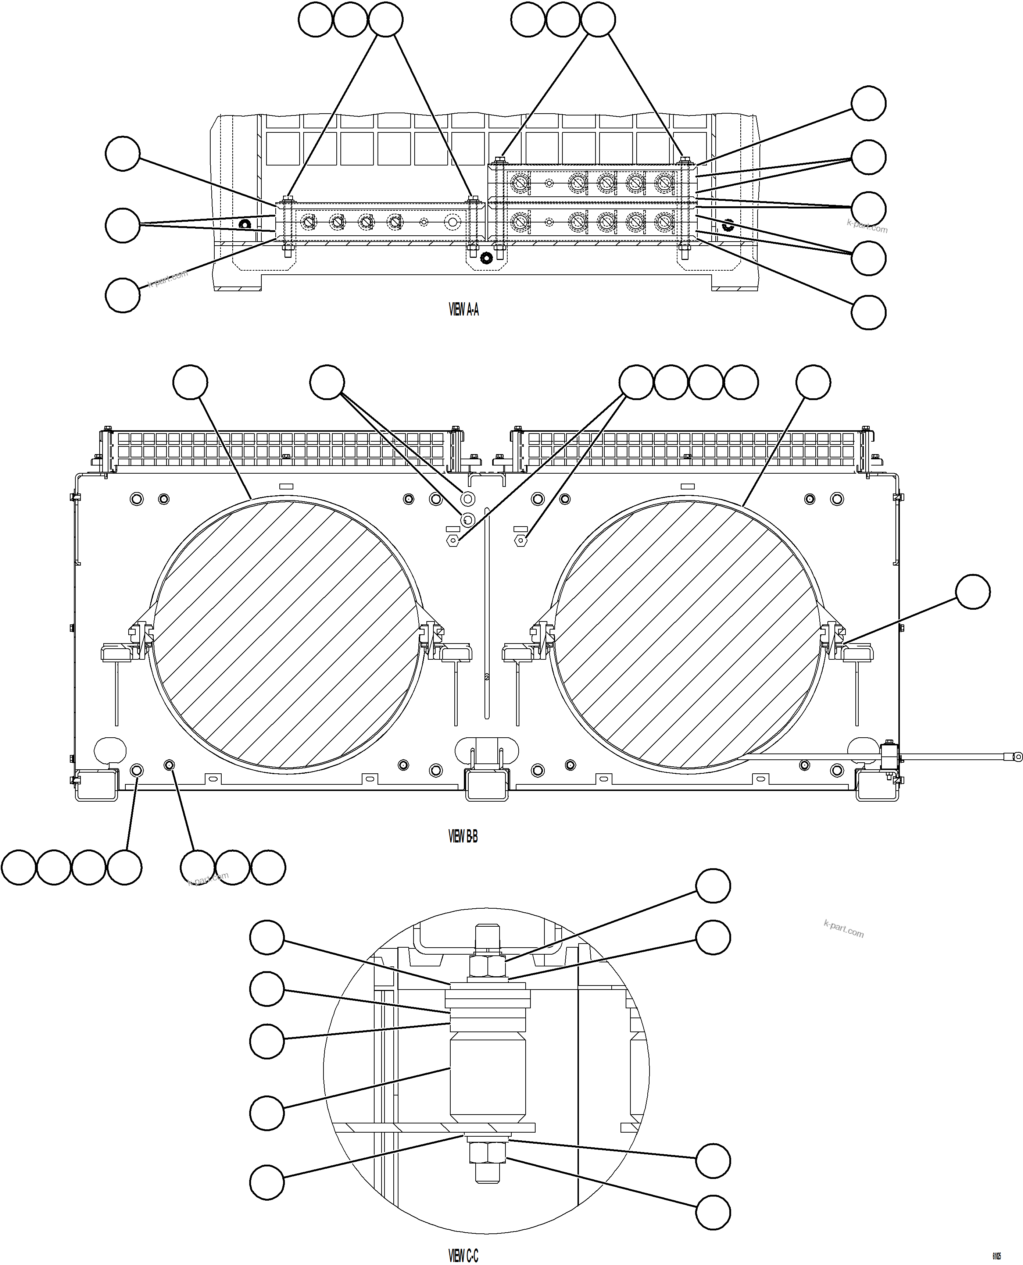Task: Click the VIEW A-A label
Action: [464, 310]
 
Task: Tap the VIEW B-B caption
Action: [463, 836]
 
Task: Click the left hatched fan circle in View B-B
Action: [287, 635]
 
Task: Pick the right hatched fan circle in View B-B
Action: [687, 635]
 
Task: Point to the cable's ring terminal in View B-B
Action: [1016, 757]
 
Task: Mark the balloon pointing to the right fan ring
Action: [813, 382]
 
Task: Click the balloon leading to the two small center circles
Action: [327, 382]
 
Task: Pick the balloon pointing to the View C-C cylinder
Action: [267, 1113]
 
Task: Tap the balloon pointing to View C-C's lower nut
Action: [713, 1212]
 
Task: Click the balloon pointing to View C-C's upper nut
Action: [713, 886]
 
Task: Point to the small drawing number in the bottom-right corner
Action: [997, 1256]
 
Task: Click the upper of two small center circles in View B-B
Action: [467, 499]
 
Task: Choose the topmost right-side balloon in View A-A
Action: [869, 103]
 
